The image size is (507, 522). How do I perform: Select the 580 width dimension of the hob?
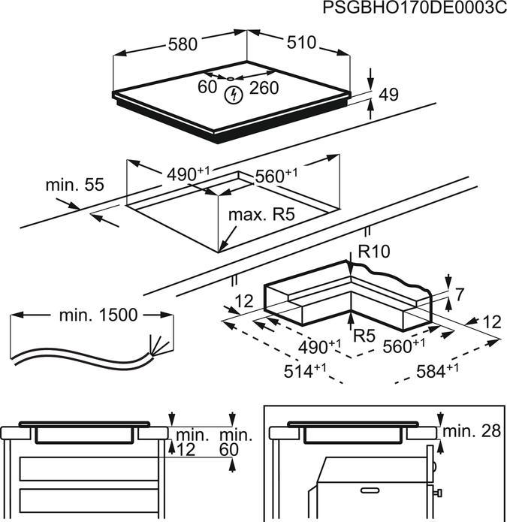pos(183,45)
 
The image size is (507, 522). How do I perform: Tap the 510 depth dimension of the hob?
pos(300,44)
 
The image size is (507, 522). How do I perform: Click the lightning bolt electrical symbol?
pos(234,95)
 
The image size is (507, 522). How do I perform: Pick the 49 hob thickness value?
pos(388,95)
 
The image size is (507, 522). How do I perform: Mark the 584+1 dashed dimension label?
pos(436,370)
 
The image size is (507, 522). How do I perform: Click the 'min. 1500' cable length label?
pos(98,315)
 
